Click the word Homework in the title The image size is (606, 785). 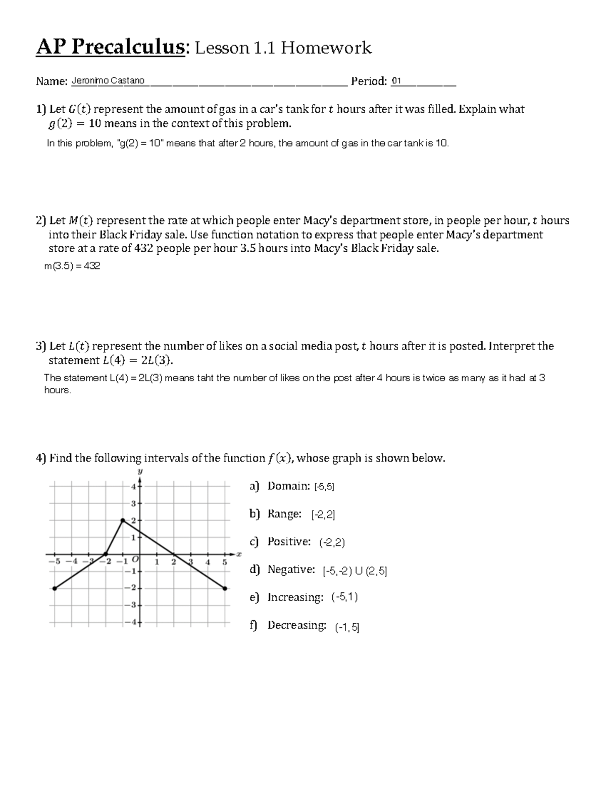coord(326,48)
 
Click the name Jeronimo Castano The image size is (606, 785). coord(108,81)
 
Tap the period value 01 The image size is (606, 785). coord(396,81)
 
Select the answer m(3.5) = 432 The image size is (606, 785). coord(72,266)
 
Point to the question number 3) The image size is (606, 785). coord(41,346)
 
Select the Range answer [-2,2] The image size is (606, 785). coord(323,515)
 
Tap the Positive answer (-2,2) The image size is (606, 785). coord(332,542)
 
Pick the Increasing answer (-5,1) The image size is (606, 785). coord(344,597)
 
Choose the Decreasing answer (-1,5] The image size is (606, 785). coord(347,627)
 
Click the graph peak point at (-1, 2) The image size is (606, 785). coord(123,520)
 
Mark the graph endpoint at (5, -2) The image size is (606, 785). coord(225,588)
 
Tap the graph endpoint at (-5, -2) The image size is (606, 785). coord(55,588)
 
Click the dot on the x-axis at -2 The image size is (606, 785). coord(106,554)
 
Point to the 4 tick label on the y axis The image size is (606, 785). coord(133,487)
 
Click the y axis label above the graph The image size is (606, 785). coord(140,471)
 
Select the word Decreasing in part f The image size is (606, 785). coord(296,625)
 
